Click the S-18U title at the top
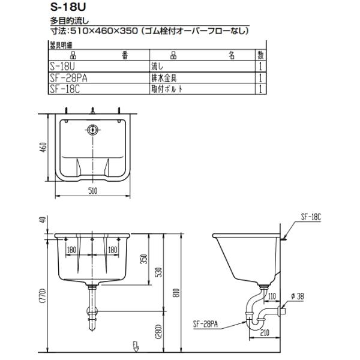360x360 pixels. point(68,7)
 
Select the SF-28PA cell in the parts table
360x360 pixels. point(68,78)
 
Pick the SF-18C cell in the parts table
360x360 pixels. point(65,89)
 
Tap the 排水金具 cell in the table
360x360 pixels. point(164,78)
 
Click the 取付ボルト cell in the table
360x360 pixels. point(167,89)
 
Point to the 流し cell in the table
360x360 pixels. point(157,67)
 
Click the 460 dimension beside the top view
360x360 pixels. point(43,147)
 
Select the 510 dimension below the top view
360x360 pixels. point(93,191)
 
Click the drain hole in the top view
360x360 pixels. point(92,130)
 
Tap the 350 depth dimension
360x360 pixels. point(144,259)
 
